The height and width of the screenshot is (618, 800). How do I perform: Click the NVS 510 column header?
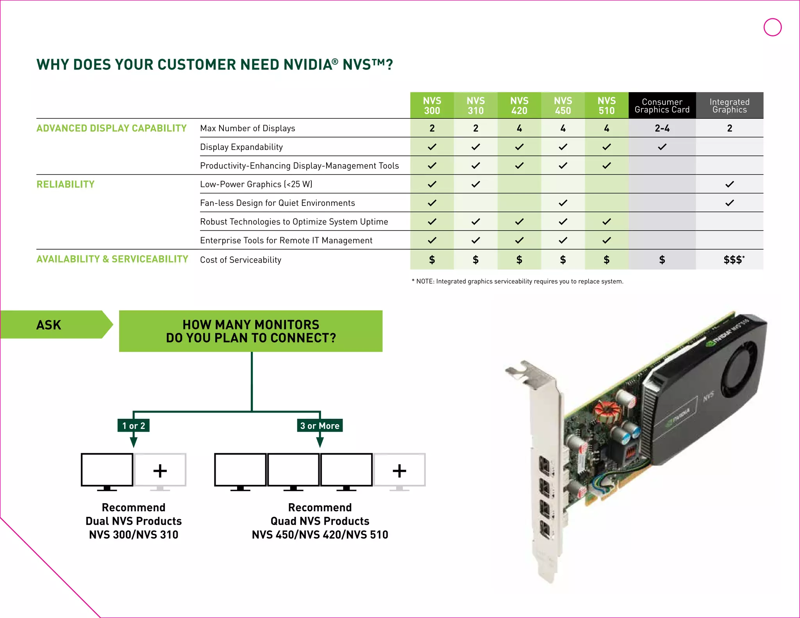606,105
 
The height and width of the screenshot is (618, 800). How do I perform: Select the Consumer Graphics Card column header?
662,105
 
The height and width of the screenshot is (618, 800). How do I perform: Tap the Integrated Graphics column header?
729,105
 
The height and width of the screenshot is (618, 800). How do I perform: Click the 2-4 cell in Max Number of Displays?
662,128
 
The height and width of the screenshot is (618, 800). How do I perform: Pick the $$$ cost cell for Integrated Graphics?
733,260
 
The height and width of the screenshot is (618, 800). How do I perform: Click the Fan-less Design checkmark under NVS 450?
562,203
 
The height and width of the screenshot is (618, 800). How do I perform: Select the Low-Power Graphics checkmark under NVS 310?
475,184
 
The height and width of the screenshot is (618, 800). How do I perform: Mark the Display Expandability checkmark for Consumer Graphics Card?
662,147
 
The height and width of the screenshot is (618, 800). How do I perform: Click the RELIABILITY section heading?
66,184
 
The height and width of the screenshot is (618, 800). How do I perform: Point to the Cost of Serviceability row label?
241,260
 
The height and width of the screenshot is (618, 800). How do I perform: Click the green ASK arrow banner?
55,325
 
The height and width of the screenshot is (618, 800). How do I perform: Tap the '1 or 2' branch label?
134,425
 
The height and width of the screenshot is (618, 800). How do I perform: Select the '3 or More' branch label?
320,425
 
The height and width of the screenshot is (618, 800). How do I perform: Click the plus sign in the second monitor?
160,471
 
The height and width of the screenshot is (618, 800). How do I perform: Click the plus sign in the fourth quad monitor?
399,471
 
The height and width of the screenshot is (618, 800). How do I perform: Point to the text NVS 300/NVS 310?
134,535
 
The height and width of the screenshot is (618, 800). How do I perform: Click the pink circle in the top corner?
772,27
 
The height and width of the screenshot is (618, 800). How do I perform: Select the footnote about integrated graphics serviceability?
518,281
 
